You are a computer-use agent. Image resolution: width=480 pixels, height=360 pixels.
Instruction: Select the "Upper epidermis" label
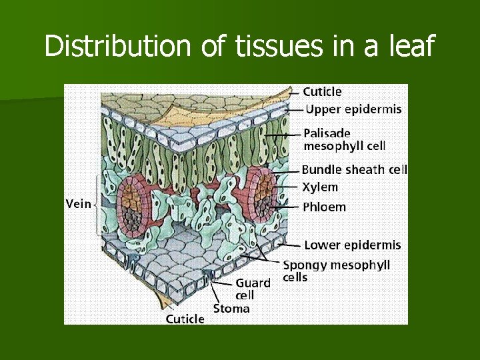[353, 109]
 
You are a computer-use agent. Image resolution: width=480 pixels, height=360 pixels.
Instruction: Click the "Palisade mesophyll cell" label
[345, 139]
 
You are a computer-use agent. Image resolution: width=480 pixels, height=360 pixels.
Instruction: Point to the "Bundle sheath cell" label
[354, 170]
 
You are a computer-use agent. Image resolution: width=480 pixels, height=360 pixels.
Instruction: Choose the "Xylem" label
[320, 187]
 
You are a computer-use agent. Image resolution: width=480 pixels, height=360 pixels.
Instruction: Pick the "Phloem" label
[324, 207]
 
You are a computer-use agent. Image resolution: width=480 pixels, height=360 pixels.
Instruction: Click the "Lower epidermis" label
[353, 245]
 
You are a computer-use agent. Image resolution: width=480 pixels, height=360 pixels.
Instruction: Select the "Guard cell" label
[253, 289]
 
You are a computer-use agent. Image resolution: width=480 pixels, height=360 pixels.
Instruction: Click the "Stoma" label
[231, 309]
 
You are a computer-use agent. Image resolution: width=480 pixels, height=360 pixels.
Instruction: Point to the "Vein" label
[78, 204]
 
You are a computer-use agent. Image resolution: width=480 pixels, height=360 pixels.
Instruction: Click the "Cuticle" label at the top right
[322, 91]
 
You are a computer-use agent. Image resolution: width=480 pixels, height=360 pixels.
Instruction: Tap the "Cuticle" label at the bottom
[185, 319]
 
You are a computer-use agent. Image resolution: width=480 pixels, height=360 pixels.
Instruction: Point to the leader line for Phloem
[287, 207]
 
